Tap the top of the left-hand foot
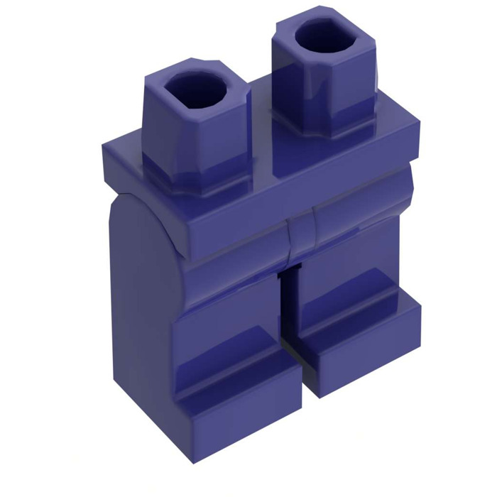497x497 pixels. [x=234, y=362]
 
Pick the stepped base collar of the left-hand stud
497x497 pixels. [x=199, y=177]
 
